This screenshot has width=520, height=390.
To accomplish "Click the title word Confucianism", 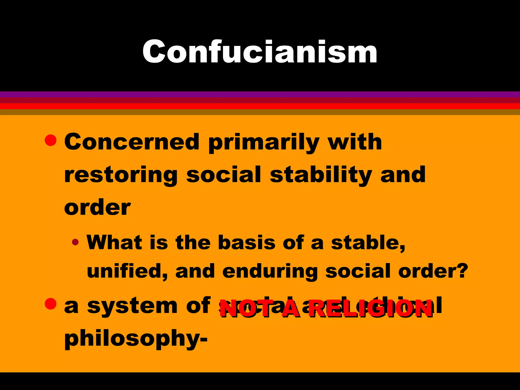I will pyautogui.click(x=260, y=52).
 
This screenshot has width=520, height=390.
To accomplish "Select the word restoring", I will pyautogui.click(x=121, y=175).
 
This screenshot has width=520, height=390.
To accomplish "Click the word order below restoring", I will pyautogui.click(x=97, y=207).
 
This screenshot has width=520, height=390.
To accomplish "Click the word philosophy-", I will pyautogui.click(x=136, y=339).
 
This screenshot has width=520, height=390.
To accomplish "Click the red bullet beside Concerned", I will pyautogui.click(x=50, y=140).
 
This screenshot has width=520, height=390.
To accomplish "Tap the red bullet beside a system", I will pyautogui.click(x=50, y=304).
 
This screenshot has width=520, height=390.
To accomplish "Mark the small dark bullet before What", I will pyautogui.click(x=75, y=242).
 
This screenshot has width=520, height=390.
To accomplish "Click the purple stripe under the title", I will pyautogui.click(x=260, y=94).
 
